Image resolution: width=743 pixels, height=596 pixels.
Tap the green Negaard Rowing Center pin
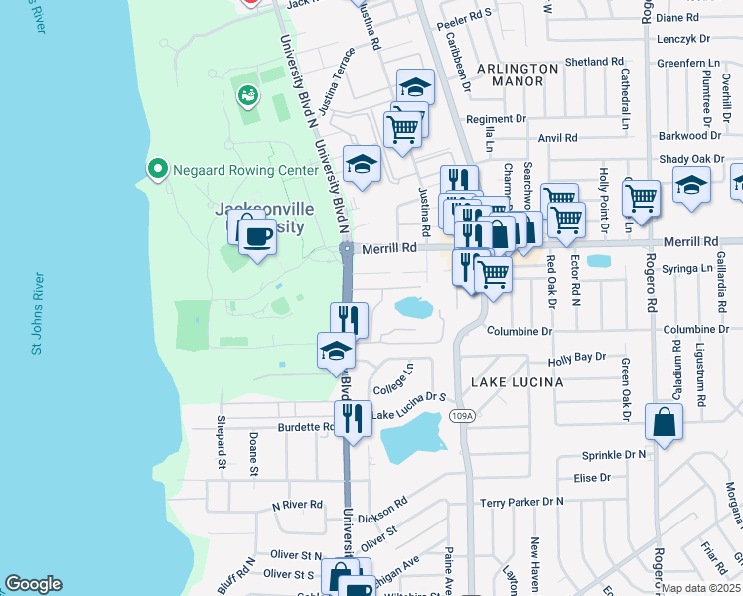click(x=156, y=170)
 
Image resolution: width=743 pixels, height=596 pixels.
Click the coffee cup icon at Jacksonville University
click(x=257, y=237)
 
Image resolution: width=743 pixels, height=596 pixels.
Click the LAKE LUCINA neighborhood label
click(x=517, y=382)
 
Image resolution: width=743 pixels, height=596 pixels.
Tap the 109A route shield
click(x=460, y=415)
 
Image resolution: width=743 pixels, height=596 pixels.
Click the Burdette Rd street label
click(x=306, y=428)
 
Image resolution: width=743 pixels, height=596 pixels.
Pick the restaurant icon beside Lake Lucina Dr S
click(x=352, y=418)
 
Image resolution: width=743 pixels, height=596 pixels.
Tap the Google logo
click(x=33, y=584)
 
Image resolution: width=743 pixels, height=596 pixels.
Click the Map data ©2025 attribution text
click(x=700, y=588)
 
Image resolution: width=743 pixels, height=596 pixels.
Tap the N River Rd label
click(x=297, y=505)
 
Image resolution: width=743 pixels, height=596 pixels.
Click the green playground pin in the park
click(x=246, y=96)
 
